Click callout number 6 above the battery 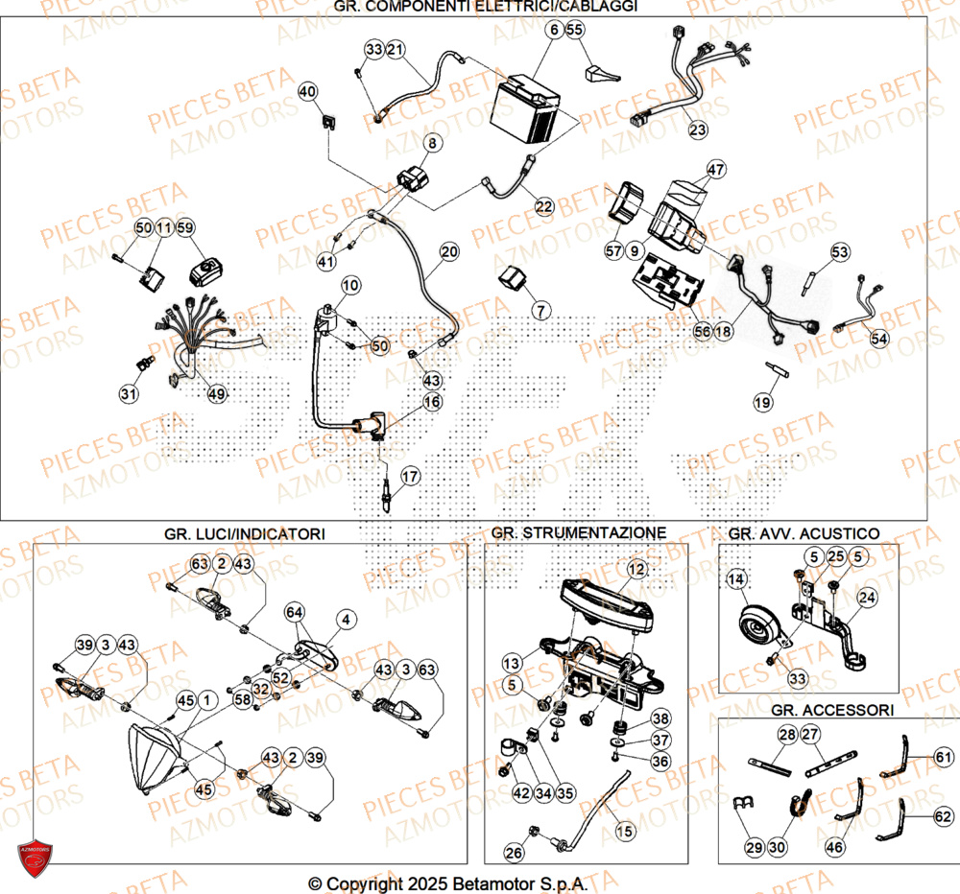pyautogui.click(x=554, y=31)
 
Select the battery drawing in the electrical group pyautogui.click(x=526, y=113)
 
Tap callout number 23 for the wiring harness pyautogui.click(x=697, y=129)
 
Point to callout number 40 pyautogui.click(x=307, y=92)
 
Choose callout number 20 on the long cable pyautogui.click(x=449, y=253)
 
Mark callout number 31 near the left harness pyautogui.click(x=129, y=393)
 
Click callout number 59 pyautogui.click(x=185, y=227)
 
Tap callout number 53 pyautogui.click(x=840, y=252)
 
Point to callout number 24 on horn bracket pyautogui.click(x=867, y=599)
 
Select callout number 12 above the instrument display pyautogui.click(x=635, y=570)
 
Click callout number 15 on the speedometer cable pyautogui.click(x=624, y=831)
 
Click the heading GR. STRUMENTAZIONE pyautogui.click(x=578, y=532)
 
